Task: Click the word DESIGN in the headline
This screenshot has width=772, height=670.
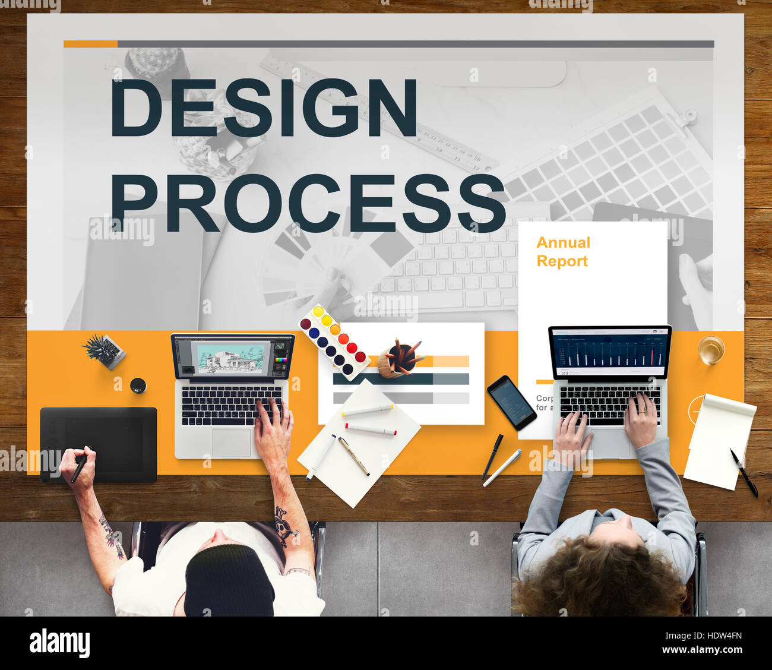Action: [264, 108]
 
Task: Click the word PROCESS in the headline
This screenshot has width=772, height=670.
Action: [308, 203]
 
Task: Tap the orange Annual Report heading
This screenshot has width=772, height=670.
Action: [562, 251]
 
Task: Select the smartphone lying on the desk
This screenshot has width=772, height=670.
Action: [511, 402]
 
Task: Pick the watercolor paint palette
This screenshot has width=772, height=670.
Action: [333, 342]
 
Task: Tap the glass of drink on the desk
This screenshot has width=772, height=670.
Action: [711, 349]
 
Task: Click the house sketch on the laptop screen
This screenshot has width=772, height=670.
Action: [229, 360]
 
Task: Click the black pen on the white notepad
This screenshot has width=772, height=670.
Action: [743, 472]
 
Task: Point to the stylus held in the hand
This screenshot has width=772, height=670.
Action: [80, 466]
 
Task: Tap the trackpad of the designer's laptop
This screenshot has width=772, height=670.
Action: [231, 443]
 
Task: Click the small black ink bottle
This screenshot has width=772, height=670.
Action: [138, 385]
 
